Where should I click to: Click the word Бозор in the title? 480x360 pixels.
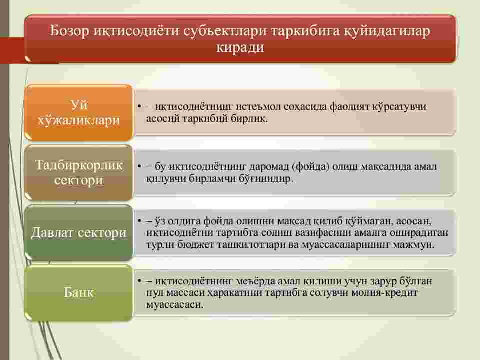coord(69,31)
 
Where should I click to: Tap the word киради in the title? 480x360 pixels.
coord(240,47)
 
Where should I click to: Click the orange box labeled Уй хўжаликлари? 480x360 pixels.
coord(78,112)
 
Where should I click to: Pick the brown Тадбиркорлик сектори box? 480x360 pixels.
coord(78,172)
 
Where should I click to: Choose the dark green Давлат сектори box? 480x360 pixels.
coord(78,232)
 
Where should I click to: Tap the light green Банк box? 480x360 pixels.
coord(78,292)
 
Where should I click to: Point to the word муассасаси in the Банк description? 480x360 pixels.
coord(175,305)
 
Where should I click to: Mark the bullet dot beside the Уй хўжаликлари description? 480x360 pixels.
coord(139,107)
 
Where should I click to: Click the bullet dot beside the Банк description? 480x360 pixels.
coord(139,280)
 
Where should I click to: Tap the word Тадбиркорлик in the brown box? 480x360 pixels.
coord(79,165)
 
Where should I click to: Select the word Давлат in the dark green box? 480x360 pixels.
coord(52,232)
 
